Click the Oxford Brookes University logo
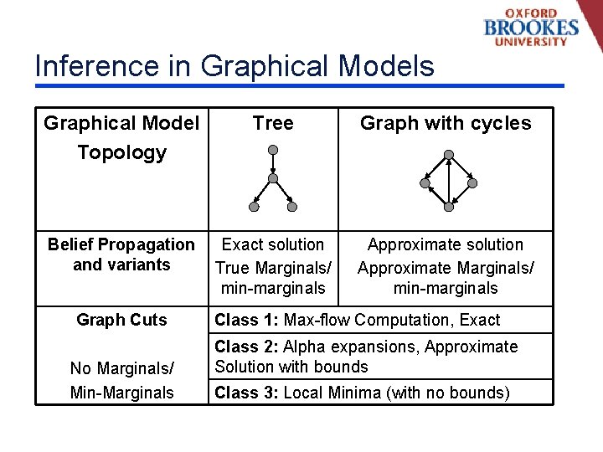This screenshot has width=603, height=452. point(531,27)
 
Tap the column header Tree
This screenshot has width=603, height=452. point(273,124)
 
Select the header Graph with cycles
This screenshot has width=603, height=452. point(446,124)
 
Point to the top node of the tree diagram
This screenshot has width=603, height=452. point(273,150)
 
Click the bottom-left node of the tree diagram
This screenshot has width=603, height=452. point(254,206)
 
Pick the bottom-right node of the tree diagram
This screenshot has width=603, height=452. point(292,206)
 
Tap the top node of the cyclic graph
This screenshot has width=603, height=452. point(449,155)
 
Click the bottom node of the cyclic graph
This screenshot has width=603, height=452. point(449,207)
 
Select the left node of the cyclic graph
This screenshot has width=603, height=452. point(425,183)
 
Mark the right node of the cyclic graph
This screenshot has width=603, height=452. point(472,183)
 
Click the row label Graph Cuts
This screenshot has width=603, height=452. point(121,320)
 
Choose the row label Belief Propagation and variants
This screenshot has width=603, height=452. point(121,254)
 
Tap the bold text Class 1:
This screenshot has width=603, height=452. point(247,320)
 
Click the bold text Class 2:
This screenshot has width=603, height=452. point(247,347)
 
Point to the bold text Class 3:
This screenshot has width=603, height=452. point(247,393)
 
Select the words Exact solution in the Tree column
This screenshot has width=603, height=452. point(273,244)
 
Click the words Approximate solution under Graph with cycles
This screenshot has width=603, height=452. point(446,244)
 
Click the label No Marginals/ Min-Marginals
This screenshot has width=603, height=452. point(121,380)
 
